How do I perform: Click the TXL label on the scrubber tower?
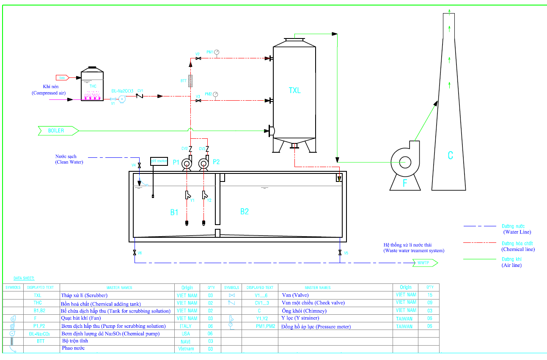(x=295, y=90)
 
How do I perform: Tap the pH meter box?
(x=159, y=161)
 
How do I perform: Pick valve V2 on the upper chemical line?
(x=198, y=58)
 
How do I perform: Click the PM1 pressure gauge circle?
(x=217, y=52)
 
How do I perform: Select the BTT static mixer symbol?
(x=190, y=80)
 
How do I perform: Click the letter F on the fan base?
(x=405, y=183)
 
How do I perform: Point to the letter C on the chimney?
(x=450, y=155)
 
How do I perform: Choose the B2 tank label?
(x=245, y=212)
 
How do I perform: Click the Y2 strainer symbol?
(x=204, y=195)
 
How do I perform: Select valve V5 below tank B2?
(x=340, y=253)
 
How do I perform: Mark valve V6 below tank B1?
(x=135, y=253)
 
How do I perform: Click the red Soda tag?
(x=62, y=77)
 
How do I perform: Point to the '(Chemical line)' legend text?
(x=518, y=249)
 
